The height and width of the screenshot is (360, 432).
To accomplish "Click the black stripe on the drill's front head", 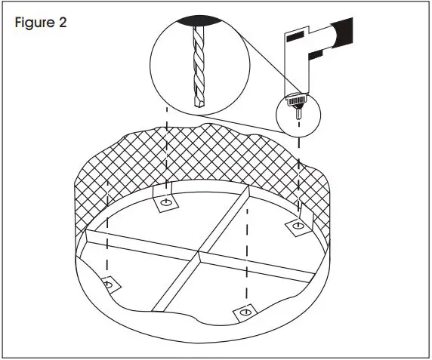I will pos(295,35).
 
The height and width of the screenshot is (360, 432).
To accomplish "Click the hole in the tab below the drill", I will pos(298,224).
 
